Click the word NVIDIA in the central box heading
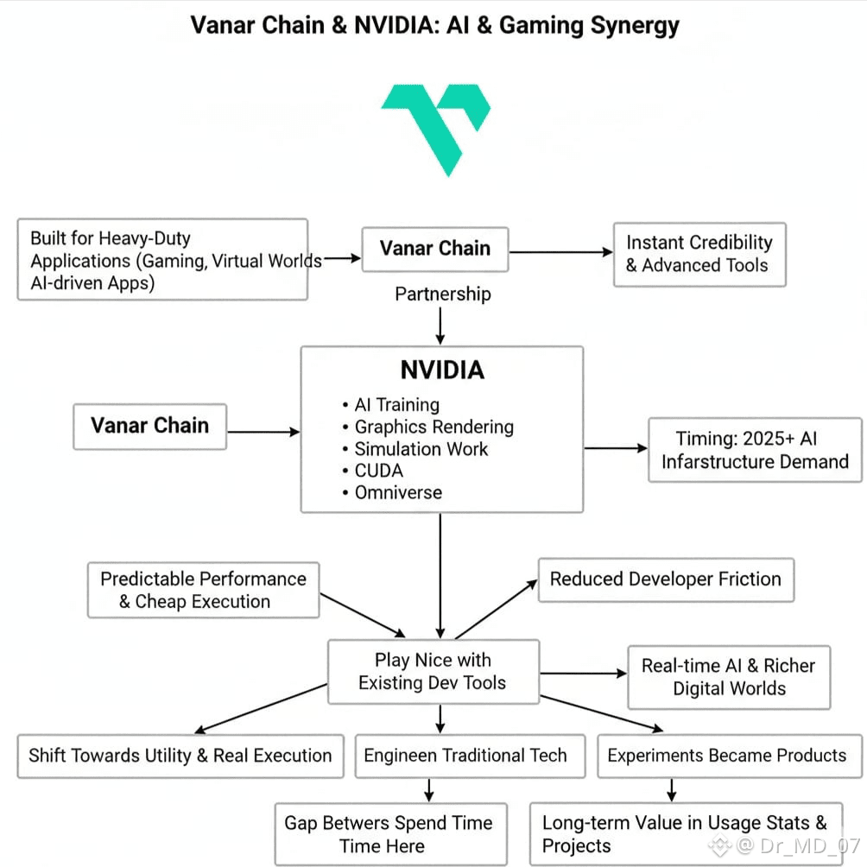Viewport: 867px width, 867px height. click(x=441, y=370)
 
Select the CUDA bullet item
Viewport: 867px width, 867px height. click(x=378, y=471)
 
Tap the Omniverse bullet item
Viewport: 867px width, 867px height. click(x=398, y=493)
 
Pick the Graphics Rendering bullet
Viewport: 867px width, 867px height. click(x=433, y=427)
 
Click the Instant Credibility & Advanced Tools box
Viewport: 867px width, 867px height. click(x=699, y=254)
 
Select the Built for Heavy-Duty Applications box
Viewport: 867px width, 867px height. click(x=162, y=260)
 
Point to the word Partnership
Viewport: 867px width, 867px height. click(x=442, y=294)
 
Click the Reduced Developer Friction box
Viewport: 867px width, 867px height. click(x=665, y=579)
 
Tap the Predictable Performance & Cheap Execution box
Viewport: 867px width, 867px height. click(x=203, y=591)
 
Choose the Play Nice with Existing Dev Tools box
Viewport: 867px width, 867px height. click(x=433, y=672)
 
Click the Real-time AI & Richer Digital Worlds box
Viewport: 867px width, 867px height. click(x=728, y=677)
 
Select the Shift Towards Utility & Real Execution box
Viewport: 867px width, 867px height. click(x=180, y=756)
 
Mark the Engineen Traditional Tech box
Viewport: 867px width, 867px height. click(x=465, y=756)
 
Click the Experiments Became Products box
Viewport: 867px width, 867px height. click(x=727, y=756)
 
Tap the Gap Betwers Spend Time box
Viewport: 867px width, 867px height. click(x=389, y=834)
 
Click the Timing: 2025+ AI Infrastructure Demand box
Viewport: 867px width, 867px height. click(x=754, y=450)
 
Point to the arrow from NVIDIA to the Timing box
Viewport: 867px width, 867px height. click(x=616, y=448)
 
